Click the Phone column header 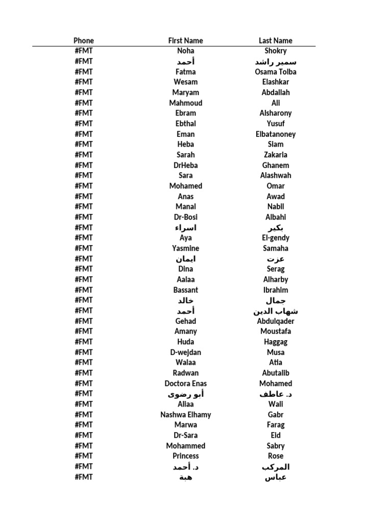pyautogui.click(x=84, y=40)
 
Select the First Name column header pyautogui.click(x=185, y=40)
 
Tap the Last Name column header pyautogui.click(x=276, y=40)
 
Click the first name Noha pyautogui.click(x=186, y=51)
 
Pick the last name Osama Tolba pyautogui.click(x=276, y=72)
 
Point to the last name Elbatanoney pyautogui.click(x=276, y=134)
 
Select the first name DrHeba pyautogui.click(x=186, y=165)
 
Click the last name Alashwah pyautogui.click(x=276, y=175)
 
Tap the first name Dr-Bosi pyautogui.click(x=186, y=217)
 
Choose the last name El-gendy pyautogui.click(x=276, y=237)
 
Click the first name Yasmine pyautogui.click(x=186, y=248)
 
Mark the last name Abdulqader pyautogui.click(x=276, y=321)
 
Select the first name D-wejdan pyautogui.click(x=186, y=352)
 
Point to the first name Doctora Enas pyautogui.click(x=186, y=383)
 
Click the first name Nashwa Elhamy pyautogui.click(x=186, y=414)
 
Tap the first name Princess pyautogui.click(x=186, y=456)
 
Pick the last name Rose pyautogui.click(x=276, y=456)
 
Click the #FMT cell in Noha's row pyautogui.click(x=84, y=51)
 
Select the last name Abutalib pyautogui.click(x=276, y=373)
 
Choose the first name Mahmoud pyautogui.click(x=186, y=103)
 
